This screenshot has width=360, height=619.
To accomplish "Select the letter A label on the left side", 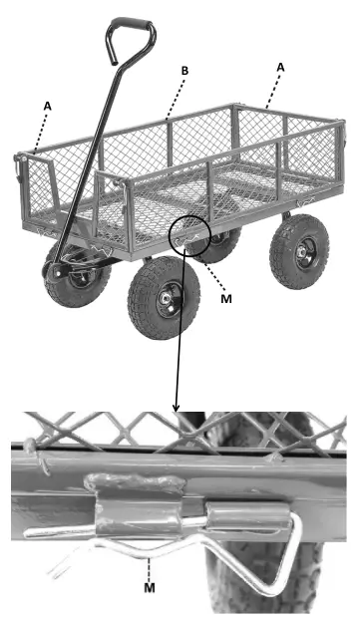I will pyautogui.click(x=47, y=103).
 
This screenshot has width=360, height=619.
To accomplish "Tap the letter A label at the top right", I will pyautogui.click(x=280, y=66).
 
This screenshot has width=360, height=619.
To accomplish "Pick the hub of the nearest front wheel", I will pyautogui.click(x=161, y=298).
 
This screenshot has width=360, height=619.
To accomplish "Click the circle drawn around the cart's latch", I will pyautogui.click(x=189, y=237).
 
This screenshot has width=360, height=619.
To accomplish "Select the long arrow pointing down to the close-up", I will pyautogui.click(x=178, y=329).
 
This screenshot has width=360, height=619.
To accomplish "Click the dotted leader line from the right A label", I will pyautogui.click(x=272, y=88).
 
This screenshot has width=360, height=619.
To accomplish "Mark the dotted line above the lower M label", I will pyautogui.click(x=148, y=569).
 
